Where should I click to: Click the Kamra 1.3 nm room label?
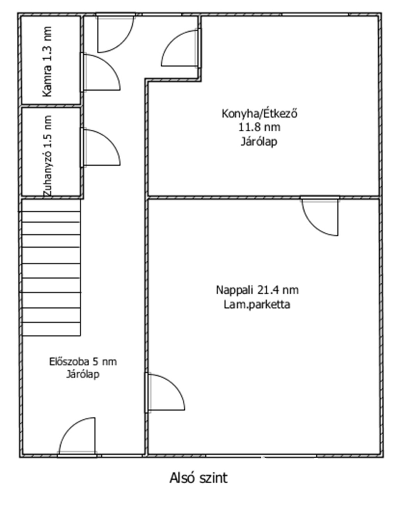point(47,62)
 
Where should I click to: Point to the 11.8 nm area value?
point(259,128)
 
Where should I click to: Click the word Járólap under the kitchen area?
point(259,142)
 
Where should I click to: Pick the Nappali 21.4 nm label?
point(257,290)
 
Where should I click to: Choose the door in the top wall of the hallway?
point(116,33)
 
